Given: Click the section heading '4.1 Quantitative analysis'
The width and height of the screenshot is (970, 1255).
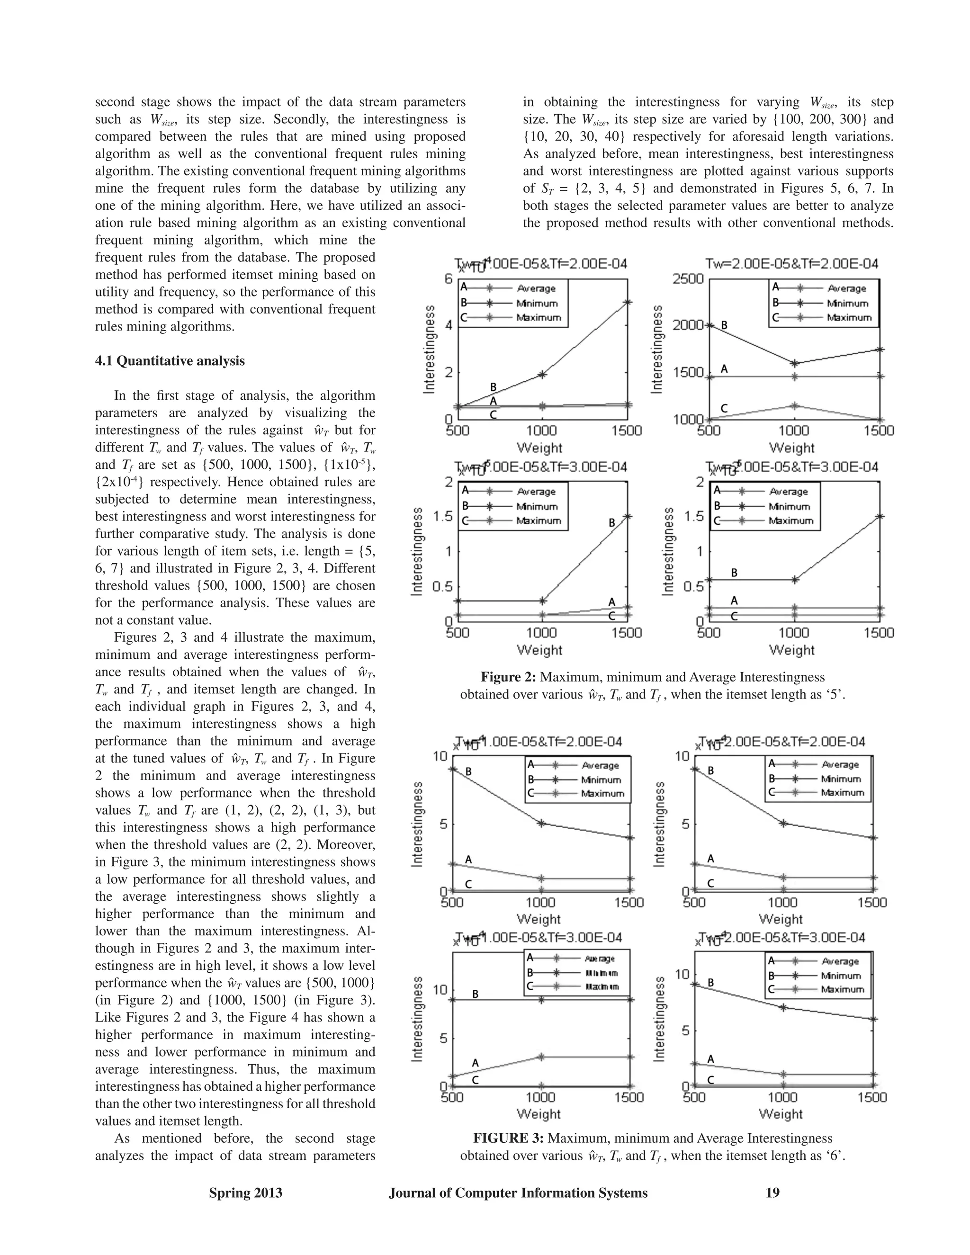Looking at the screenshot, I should (170, 361).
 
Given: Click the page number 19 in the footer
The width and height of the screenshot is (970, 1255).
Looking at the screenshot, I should (773, 1193).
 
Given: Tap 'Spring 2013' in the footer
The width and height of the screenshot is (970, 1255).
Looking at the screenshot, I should (245, 1193).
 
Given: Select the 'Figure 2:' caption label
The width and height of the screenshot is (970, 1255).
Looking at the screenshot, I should (508, 677).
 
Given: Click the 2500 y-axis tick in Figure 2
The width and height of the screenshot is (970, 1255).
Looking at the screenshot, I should (688, 278).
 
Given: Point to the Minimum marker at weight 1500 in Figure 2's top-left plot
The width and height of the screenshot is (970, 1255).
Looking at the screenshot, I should (628, 302).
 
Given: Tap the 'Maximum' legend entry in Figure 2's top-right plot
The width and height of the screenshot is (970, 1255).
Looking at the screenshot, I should (849, 317).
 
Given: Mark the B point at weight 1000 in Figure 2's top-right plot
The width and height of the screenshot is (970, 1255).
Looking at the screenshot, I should (795, 363).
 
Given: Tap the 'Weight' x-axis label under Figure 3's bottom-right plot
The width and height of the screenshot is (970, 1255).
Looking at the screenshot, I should (780, 1114).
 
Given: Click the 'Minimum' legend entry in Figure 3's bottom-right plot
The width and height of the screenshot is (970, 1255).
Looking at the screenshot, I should (841, 975).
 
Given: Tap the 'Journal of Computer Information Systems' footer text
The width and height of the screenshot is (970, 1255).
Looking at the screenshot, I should (518, 1193).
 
